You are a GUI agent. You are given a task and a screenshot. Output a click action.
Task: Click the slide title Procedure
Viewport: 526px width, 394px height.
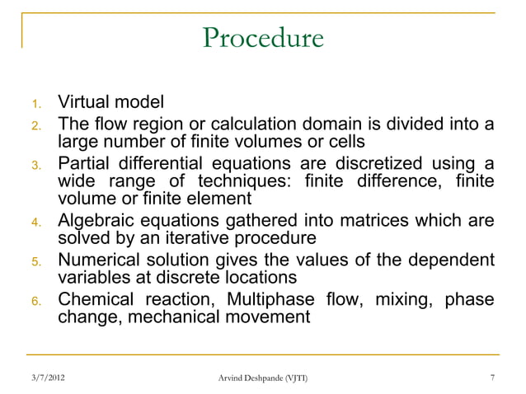tap(263, 39)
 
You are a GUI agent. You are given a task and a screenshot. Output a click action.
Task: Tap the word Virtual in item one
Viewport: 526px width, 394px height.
tap(85, 104)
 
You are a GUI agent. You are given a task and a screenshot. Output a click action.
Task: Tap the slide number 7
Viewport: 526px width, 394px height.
tap(492, 378)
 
